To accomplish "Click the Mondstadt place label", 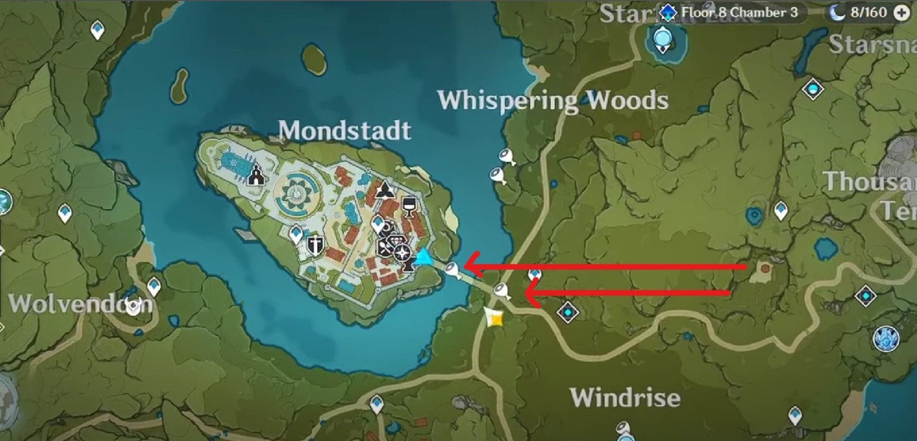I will click(x=345, y=131).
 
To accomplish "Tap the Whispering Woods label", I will click(x=553, y=100).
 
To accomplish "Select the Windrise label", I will click(x=625, y=397).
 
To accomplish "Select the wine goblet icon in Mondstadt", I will click(x=409, y=207).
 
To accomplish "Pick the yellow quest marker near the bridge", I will click(x=494, y=318).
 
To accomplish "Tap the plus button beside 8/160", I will click(x=902, y=13).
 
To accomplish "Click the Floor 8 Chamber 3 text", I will click(x=740, y=12).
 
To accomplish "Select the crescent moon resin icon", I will click(x=837, y=12).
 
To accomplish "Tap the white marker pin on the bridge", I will click(x=451, y=270).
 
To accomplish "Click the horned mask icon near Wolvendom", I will click(x=133, y=307).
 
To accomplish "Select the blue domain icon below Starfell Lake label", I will click(x=662, y=39).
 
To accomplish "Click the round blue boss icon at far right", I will click(x=885, y=340).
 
